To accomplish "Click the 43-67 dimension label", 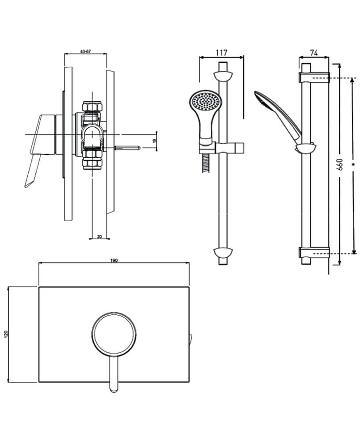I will tap(86, 51).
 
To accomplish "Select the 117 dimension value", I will tap(221, 53).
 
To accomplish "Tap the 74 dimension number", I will tap(314, 53).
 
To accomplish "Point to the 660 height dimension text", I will tap(340, 166).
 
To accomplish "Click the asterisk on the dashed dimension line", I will tap(352, 164).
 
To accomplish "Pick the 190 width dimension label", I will tap(114, 260).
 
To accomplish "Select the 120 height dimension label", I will tap(6, 335).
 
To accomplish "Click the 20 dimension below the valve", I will tap(99, 237).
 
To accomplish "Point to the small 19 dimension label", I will tap(154, 141).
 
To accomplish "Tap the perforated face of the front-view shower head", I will tap(204, 102).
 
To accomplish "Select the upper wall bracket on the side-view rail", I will tap(314, 77).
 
